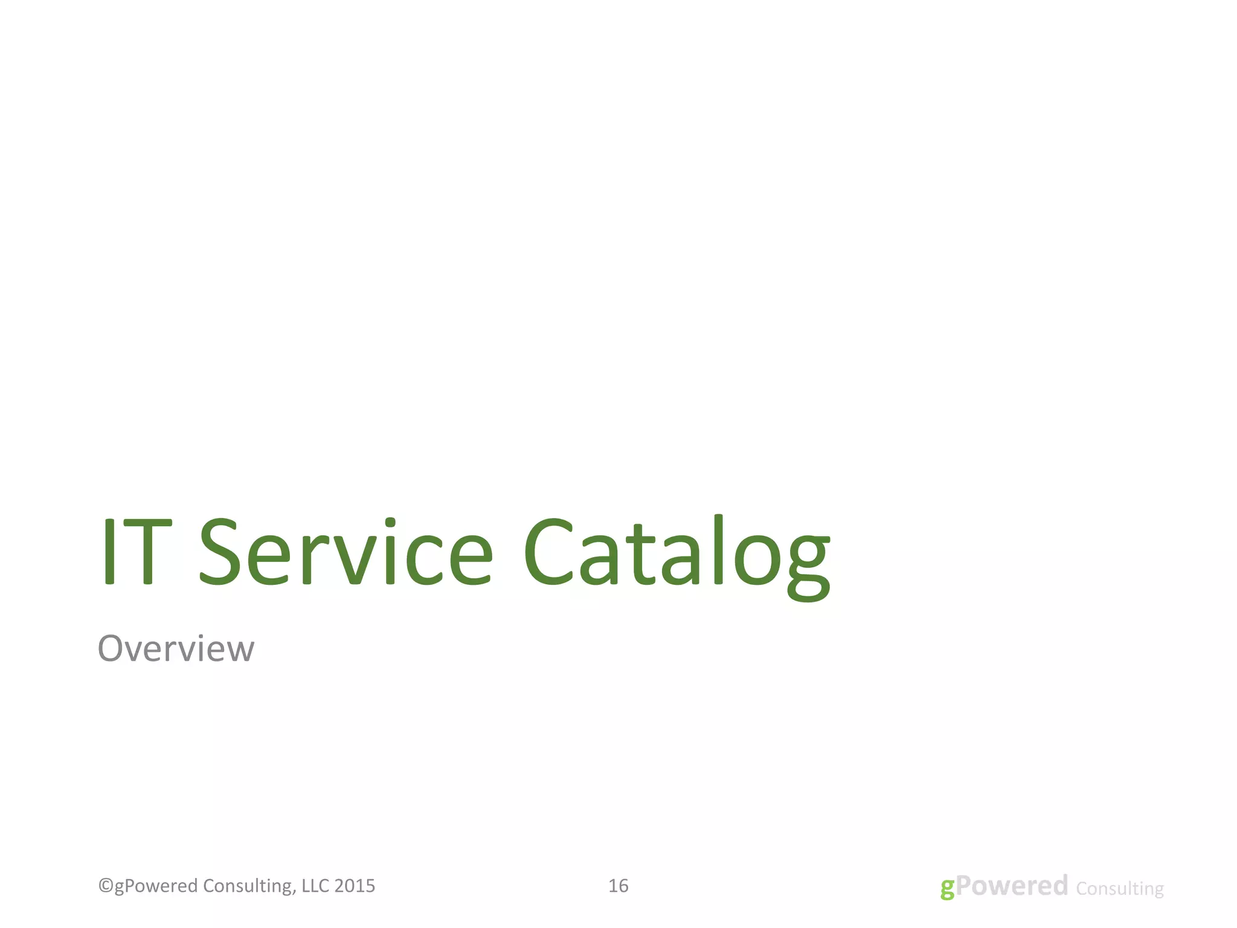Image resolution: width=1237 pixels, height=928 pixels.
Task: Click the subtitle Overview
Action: [176, 649]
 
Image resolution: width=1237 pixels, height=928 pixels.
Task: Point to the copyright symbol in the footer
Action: [105, 886]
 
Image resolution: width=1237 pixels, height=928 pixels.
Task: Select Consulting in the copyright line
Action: [248, 886]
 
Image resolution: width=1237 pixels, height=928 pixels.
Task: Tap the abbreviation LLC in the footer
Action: [315, 886]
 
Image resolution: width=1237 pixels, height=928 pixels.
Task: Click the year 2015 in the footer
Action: [355, 886]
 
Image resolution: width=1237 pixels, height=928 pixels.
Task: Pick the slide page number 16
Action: [618, 886]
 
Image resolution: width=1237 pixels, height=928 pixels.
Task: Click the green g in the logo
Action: [947, 888]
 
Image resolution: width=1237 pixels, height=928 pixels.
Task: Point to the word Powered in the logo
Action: [1012, 886]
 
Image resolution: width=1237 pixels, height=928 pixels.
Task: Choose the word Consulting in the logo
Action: [1120, 889]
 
